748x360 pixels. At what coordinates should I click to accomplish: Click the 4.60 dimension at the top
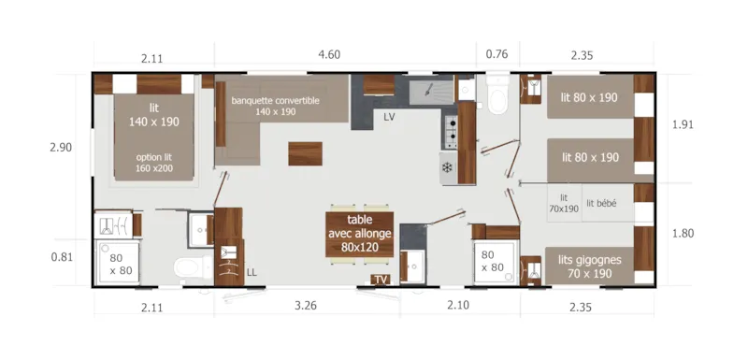328,54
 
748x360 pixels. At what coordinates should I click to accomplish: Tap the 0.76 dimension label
496,54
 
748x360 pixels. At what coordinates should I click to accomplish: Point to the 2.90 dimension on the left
62,147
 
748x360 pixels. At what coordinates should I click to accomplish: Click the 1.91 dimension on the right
683,123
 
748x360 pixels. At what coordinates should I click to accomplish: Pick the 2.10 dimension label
457,306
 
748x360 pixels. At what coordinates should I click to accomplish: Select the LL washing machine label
252,273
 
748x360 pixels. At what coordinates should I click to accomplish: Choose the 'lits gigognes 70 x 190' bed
590,266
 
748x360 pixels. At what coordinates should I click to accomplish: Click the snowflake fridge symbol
447,168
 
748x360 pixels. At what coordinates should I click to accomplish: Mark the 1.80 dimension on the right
683,233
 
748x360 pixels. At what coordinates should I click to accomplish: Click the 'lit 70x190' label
565,203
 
